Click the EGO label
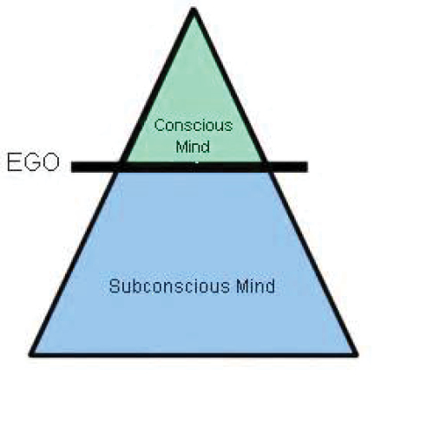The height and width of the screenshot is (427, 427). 33,162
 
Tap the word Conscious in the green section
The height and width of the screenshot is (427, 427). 194,126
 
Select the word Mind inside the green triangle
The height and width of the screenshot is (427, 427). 193,146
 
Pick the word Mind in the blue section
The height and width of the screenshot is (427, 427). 256,286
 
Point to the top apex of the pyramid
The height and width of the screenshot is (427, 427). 194,9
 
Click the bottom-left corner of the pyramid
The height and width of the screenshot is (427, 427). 30,354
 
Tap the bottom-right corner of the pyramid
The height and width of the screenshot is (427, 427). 357,354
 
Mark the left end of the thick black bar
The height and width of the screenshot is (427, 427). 72,167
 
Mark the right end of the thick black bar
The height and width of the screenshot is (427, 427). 307,167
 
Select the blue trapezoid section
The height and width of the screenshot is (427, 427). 194,260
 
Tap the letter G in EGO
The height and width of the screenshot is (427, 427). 32,162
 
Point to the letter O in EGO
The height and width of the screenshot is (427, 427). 50,162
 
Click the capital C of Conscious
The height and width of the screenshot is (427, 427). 160,126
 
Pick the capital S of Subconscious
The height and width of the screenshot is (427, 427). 115,286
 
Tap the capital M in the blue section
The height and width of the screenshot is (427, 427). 242,286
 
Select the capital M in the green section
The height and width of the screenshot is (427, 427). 182,146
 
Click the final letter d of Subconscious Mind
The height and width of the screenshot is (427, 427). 271,286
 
